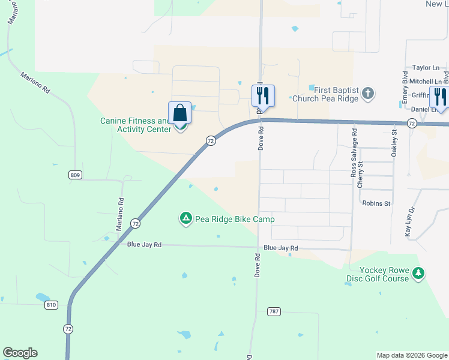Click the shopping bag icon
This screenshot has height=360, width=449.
[180, 113]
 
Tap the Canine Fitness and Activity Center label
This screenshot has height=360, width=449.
[135, 124]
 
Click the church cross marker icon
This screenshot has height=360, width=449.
[368, 94]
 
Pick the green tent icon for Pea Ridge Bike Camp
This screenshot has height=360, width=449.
[186, 219]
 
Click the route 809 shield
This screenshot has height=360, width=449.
[74, 175]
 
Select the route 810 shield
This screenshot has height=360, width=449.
[50, 305]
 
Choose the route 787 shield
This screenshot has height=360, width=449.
[273, 311]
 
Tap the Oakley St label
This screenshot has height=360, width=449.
[394, 144]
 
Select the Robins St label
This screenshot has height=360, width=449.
[376, 203]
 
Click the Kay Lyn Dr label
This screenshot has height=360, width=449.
[411, 221]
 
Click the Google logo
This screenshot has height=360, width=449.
[20, 353]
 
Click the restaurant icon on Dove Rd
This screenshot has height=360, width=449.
[263, 95]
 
